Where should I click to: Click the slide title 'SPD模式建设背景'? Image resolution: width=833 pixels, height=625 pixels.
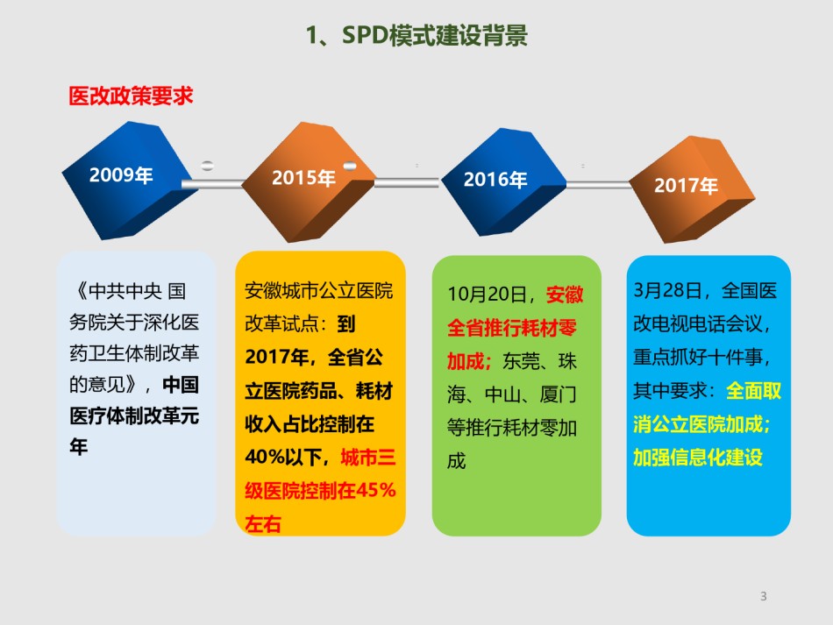point(434,36)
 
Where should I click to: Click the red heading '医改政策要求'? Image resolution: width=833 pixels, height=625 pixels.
point(131,96)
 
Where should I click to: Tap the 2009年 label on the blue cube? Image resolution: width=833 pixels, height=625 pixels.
point(121,174)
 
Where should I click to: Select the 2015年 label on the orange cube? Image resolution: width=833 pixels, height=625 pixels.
point(303,178)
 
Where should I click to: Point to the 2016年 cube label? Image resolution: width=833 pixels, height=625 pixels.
point(495,180)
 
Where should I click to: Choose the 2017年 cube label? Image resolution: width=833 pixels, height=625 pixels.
point(686,185)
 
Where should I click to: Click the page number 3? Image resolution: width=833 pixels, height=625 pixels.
point(764,596)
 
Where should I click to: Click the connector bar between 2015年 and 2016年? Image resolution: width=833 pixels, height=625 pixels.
point(407,182)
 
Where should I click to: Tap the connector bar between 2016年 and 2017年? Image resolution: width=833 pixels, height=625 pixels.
point(599,184)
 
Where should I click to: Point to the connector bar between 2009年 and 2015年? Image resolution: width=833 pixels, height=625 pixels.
point(212,184)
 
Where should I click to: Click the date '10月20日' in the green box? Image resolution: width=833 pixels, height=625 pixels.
point(488,295)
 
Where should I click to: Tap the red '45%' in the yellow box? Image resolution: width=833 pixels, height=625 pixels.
point(375,490)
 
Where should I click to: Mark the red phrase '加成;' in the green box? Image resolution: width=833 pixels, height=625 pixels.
point(469,361)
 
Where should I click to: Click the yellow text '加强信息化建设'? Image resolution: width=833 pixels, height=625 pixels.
point(698,458)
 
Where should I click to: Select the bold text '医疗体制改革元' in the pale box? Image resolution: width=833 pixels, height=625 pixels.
point(134,415)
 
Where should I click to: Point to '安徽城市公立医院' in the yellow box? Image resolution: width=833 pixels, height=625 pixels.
point(319,291)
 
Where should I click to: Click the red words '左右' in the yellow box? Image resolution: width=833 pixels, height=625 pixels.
point(263,523)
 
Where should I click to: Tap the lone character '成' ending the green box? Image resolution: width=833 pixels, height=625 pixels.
point(456,461)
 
